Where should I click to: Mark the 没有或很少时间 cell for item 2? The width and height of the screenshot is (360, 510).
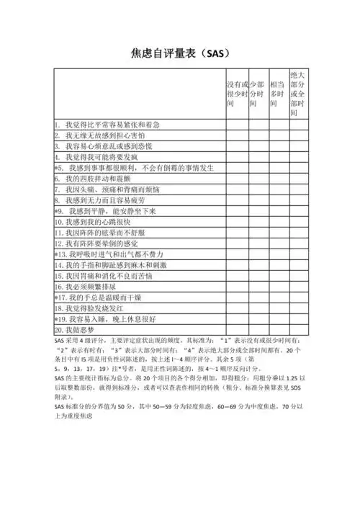pyautogui.click(x=237, y=135)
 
